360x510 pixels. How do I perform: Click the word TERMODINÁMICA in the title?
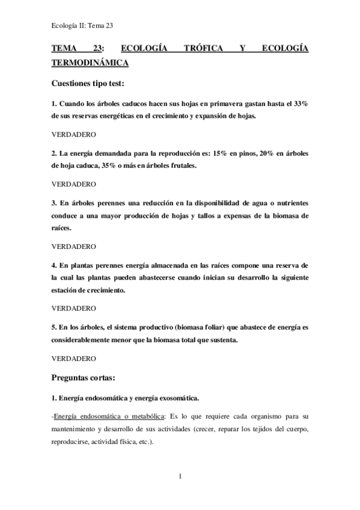coord(90,62)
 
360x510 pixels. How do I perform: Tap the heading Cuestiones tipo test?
coord(88,84)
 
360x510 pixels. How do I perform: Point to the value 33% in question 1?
coord(299,104)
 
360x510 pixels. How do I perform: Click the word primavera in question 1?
coord(207,104)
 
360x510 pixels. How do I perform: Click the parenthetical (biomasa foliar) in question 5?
coord(202,327)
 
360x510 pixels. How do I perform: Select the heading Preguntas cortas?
coord(88,378)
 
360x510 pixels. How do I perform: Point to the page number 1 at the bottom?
coord(180,476)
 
